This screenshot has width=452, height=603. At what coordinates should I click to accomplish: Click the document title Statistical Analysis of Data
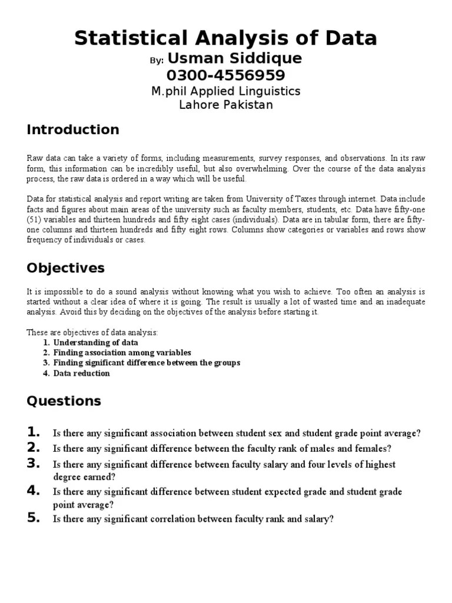pyautogui.click(x=226, y=38)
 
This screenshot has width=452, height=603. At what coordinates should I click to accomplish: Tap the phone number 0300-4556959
pyautogui.click(x=226, y=75)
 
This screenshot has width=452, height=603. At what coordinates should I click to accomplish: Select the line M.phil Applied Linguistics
pyautogui.click(x=226, y=91)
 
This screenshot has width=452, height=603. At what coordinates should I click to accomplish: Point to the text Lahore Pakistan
pyautogui.click(x=226, y=105)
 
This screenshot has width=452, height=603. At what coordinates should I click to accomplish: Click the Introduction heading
pyautogui.click(x=73, y=130)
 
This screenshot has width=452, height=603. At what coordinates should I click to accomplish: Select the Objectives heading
pyautogui.click(x=65, y=268)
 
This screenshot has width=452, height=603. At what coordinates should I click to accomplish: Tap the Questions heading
pyautogui.click(x=64, y=402)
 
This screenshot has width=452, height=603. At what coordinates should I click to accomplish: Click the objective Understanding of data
pyautogui.click(x=95, y=342)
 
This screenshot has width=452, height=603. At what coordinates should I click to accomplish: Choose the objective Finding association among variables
pyautogui.click(x=122, y=353)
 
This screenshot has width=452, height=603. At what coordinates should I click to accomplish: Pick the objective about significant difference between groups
pyautogui.click(x=147, y=363)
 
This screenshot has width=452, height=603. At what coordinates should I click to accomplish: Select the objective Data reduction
pyautogui.click(x=81, y=373)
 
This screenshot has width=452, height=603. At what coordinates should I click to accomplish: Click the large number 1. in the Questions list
pyautogui.click(x=34, y=432)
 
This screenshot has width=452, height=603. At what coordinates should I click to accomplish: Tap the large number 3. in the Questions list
pyautogui.click(x=34, y=463)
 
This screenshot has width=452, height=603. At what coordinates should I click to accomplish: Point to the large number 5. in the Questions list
pyautogui.click(x=34, y=518)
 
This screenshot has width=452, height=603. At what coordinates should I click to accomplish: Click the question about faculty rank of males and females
pyautogui.click(x=222, y=449)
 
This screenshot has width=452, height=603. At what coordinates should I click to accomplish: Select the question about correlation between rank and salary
pyautogui.click(x=193, y=519)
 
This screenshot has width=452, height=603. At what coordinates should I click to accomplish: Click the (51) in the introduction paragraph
pyautogui.click(x=36, y=220)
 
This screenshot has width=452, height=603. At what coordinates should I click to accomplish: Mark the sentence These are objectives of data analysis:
pyautogui.click(x=92, y=332)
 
